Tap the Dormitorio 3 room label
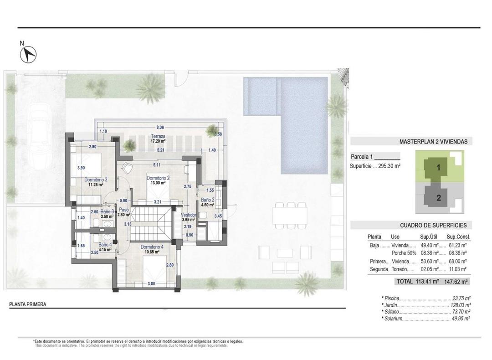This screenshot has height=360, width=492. click(96, 180)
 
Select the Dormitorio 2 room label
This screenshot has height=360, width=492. click(158, 178)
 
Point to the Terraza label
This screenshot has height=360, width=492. click(159, 136)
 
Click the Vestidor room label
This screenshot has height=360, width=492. click(188, 215)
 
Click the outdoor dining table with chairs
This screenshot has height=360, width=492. click(289, 215)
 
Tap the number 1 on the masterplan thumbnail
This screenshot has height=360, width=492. click(438, 167)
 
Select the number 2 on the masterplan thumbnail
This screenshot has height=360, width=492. click(438, 198)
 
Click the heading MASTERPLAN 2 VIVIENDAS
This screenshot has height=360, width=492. click(433, 142)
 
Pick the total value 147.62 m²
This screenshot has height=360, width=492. click(459, 282)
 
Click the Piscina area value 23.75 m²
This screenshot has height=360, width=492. click(461, 299)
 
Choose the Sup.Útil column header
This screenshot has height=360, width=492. click(430, 237)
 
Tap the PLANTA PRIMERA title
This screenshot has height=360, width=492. click(28, 304)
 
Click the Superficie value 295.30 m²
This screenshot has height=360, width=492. click(388, 166)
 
